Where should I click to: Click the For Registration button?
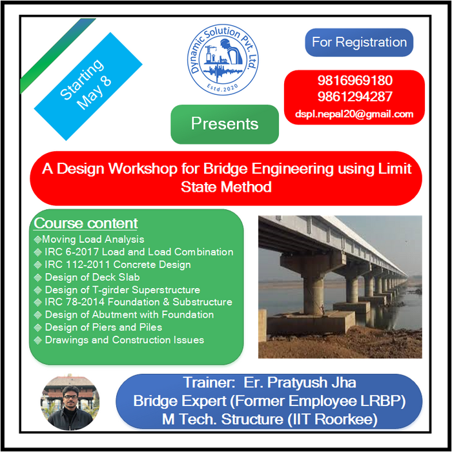(x=359, y=43)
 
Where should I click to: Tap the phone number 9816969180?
(x=355, y=81)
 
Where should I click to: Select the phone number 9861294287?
(x=355, y=97)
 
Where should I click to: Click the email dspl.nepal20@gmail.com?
(x=354, y=114)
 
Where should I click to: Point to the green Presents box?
(x=225, y=124)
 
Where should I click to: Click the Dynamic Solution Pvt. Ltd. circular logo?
(x=223, y=59)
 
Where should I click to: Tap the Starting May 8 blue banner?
(x=88, y=86)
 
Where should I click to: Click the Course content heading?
(x=86, y=223)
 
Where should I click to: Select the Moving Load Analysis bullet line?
(x=89, y=240)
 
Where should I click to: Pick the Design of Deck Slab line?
(x=87, y=277)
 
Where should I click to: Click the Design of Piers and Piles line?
(x=98, y=327)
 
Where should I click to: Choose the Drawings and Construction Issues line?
(x=119, y=340)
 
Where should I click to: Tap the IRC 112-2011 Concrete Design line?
(x=112, y=265)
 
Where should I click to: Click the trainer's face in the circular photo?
(x=70, y=397)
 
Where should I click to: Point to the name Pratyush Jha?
(x=312, y=382)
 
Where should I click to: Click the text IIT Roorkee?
(x=333, y=419)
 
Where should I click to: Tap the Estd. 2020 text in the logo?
(x=223, y=87)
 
